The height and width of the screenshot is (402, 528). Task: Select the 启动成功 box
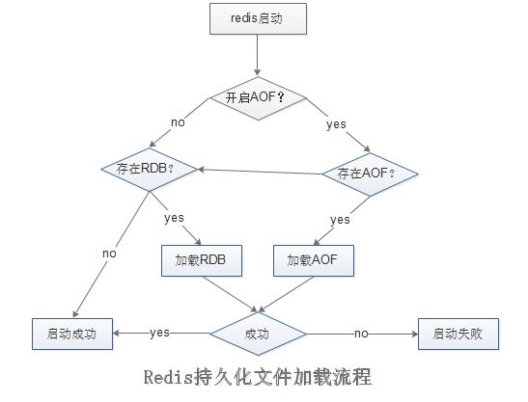(71, 333)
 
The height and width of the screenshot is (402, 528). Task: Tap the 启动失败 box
(455, 333)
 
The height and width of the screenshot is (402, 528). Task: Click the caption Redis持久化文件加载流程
(255, 374)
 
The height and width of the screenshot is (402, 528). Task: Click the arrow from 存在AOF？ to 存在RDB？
(261, 172)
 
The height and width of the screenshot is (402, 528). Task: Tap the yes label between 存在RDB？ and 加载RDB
(174, 218)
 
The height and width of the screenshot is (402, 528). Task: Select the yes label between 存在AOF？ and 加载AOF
(341, 220)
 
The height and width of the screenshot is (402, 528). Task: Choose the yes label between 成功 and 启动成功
(160, 333)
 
